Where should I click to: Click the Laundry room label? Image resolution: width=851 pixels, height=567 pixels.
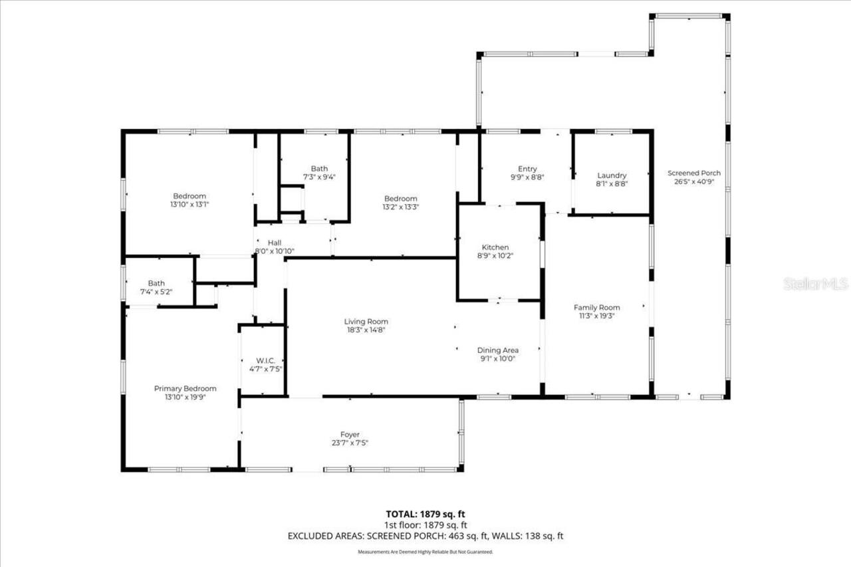tap(612, 175)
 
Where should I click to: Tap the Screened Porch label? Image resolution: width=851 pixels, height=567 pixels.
tap(693, 173)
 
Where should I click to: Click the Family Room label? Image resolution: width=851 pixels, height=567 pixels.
tap(596, 307)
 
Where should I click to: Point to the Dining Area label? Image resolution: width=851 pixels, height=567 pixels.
tap(497, 350)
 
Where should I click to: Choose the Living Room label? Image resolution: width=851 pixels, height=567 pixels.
tap(366, 322)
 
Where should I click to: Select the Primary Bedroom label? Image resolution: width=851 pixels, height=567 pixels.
tap(185, 388)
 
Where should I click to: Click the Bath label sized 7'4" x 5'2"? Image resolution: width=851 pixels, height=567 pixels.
tap(156, 283)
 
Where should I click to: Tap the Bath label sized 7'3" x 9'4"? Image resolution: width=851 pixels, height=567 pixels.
tap(319, 168)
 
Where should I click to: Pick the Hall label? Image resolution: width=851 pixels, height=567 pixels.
tap(275, 243)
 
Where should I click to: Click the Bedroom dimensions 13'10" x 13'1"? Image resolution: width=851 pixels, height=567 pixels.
tap(189, 205)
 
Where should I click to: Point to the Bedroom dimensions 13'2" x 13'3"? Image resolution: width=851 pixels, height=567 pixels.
tap(400, 207)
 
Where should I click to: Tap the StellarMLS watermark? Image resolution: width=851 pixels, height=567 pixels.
tap(815, 284)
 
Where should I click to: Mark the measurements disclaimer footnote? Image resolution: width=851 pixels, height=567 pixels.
tap(425, 552)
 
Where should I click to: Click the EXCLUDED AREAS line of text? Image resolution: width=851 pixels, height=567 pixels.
tap(425, 535)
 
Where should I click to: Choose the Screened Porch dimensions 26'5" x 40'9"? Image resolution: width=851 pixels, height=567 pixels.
tap(693, 181)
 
